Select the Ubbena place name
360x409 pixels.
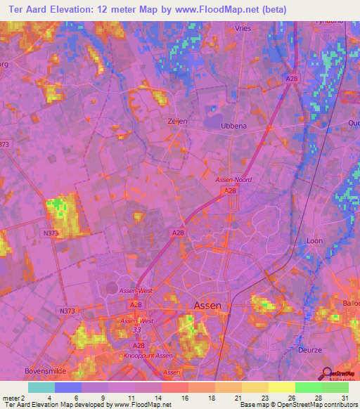tap(236, 125)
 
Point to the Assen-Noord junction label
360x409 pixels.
tap(233, 180)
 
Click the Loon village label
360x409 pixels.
tap(314, 240)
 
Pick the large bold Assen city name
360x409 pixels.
tap(207, 306)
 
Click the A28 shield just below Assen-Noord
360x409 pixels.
tap(230, 190)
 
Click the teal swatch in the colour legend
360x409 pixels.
tap(41, 387)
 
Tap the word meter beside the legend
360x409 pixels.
tap(11, 398)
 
